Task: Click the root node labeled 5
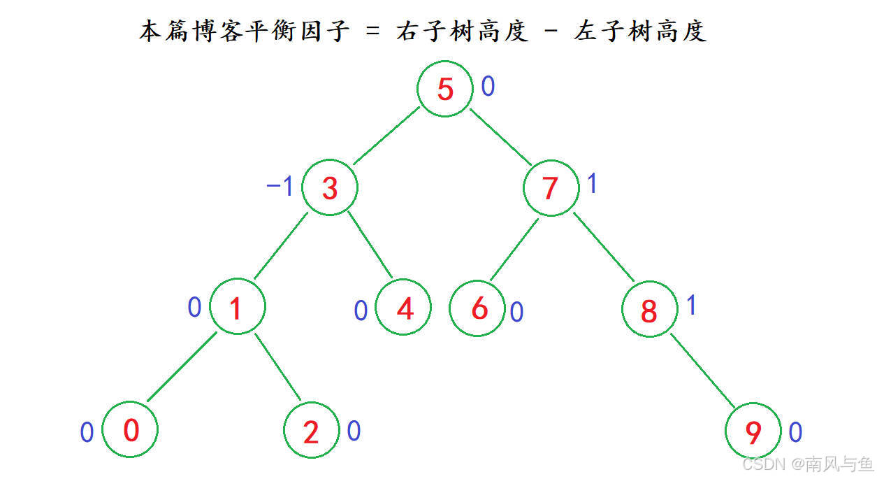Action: (x=445, y=89)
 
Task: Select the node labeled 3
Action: (x=330, y=188)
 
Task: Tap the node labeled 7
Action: (x=551, y=188)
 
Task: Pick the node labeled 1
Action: (x=237, y=308)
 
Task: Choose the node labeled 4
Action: (x=404, y=308)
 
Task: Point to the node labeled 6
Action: (x=478, y=308)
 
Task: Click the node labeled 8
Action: (x=649, y=310)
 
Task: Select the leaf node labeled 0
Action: (x=131, y=430)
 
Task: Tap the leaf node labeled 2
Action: (x=312, y=432)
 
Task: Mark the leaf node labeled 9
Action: (x=753, y=433)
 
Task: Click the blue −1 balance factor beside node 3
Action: (x=280, y=187)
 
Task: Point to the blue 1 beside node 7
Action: (x=592, y=184)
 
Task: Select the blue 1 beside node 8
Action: (x=691, y=306)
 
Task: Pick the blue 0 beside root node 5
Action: (x=488, y=87)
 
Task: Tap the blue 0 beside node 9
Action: (x=795, y=433)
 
